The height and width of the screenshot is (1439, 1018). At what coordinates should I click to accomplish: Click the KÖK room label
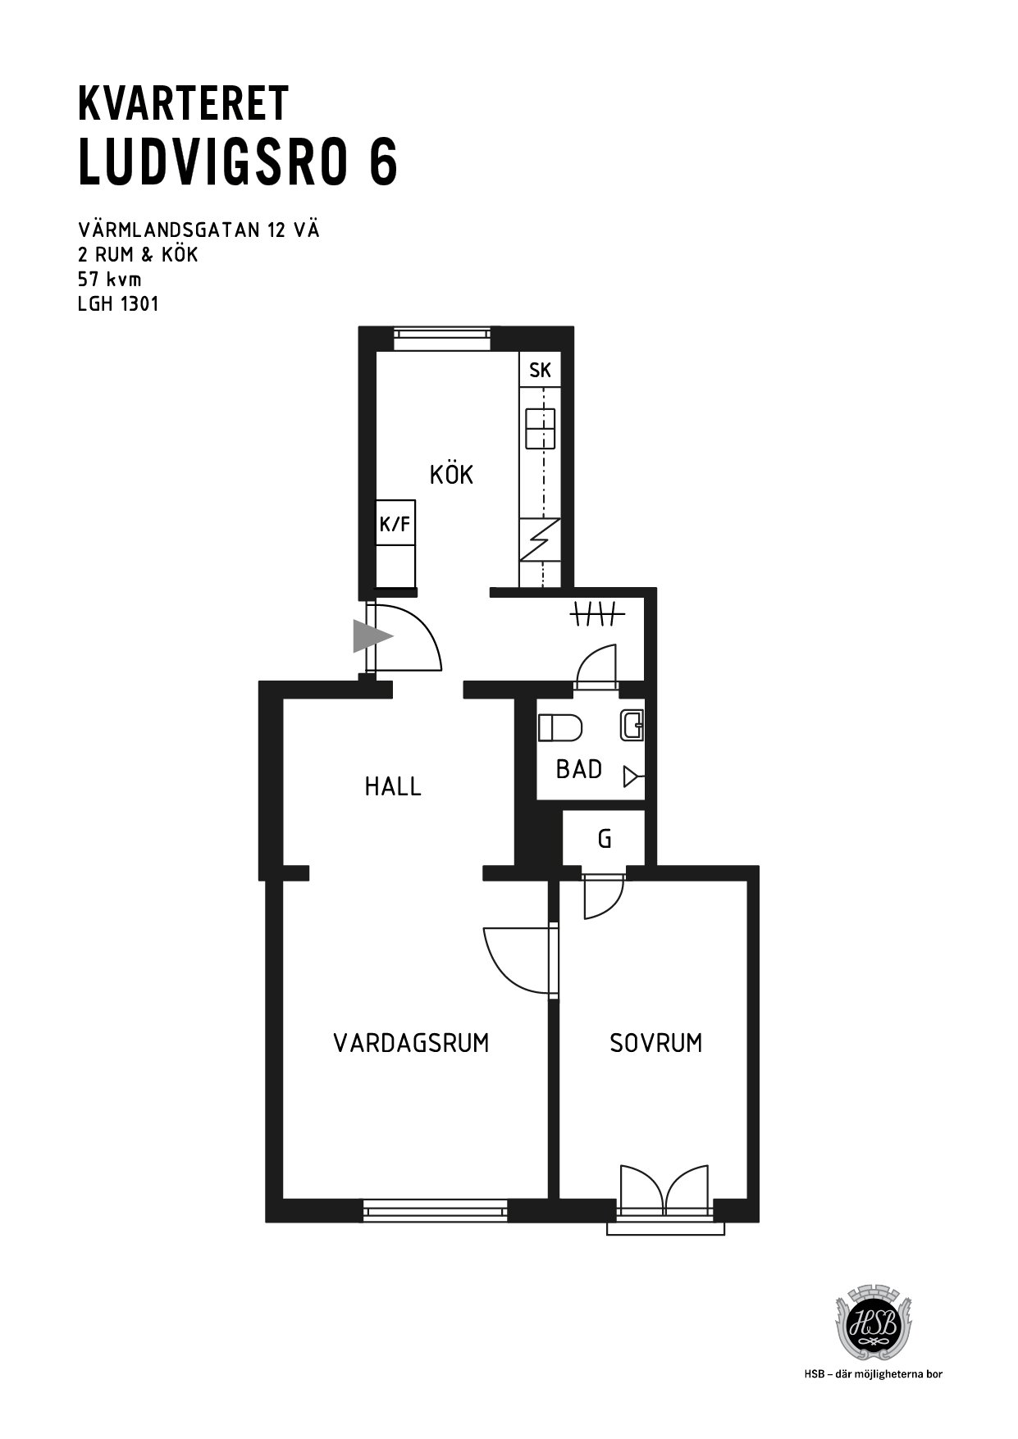click(x=451, y=473)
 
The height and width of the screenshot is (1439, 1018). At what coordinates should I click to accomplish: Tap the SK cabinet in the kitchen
click(x=539, y=370)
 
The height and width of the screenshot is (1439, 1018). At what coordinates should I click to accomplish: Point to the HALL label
click(x=393, y=787)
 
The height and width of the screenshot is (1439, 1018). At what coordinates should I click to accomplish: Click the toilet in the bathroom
click(x=560, y=727)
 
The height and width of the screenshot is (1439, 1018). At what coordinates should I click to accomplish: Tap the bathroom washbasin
click(x=632, y=726)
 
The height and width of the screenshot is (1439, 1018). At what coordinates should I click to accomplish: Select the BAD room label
click(x=579, y=769)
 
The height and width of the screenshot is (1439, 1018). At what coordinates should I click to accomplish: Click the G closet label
click(x=605, y=839)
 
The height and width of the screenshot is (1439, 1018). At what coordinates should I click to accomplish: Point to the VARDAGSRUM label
click(x=411, y=1043)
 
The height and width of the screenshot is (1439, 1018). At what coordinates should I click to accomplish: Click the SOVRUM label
click(x=656, y=1043)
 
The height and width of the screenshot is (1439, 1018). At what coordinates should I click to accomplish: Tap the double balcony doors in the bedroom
click(x=664, y=1188)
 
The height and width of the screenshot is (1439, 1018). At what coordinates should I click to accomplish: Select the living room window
click(x=435, y=1209)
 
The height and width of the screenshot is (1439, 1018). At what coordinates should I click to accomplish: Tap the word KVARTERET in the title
click(x=183, y=104)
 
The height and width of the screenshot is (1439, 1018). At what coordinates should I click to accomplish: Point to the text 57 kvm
click(x=109, y=279)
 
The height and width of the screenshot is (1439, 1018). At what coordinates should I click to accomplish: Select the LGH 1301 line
click(x=118, y=304)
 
